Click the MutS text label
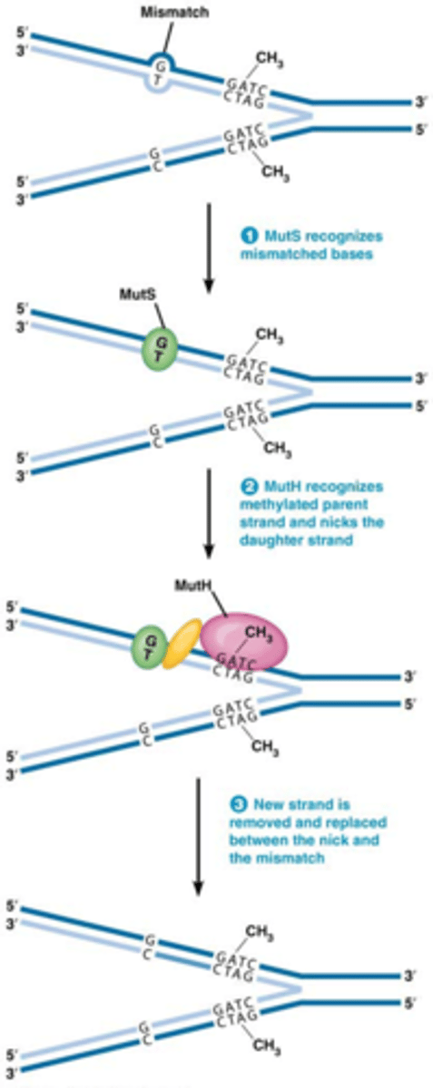(x=137, y=296)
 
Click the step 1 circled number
(x=245, y=235)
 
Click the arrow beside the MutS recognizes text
(x=211, y=247)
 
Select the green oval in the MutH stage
(x=146, y=647)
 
